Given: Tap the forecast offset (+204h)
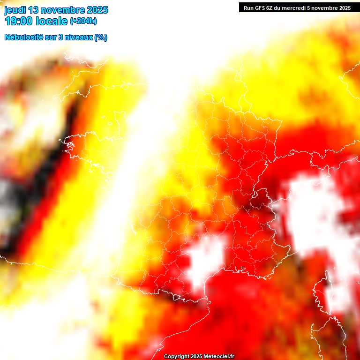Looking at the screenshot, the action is click(83, 21).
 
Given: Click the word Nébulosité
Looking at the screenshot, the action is click(24, 37).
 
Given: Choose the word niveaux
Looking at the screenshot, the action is click(79, 37).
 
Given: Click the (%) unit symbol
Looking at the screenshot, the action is click(101, 37).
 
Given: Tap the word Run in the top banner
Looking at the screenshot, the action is click(248, 7).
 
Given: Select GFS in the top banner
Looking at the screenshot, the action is click(261, 7).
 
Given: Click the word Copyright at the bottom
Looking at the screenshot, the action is click(176, 357).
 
